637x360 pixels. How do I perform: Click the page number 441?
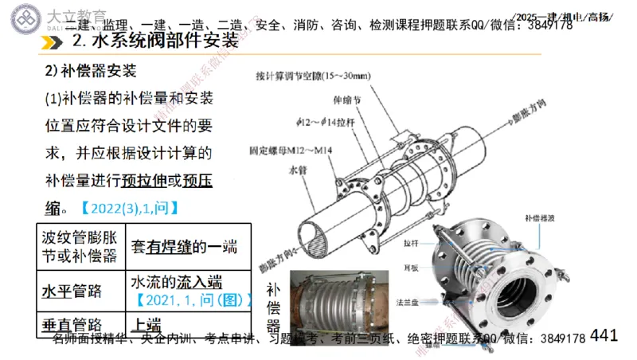tap(604, 336)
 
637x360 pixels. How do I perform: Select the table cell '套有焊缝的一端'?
tap(184, 246)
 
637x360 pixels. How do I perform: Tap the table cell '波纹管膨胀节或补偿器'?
tap(79, 247)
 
